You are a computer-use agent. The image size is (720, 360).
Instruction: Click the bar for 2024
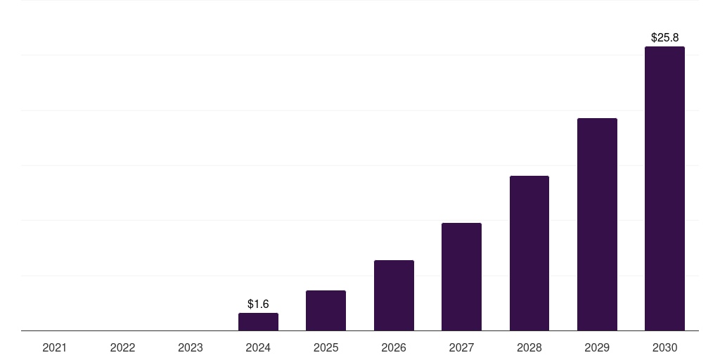tap(258, 322)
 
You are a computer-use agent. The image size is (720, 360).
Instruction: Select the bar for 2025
tap(326, 311)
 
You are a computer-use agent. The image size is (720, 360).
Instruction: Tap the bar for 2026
tap(394, 295)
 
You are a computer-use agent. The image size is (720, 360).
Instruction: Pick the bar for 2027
tap(461, 277)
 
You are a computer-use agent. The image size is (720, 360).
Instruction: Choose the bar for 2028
tap(529, 253)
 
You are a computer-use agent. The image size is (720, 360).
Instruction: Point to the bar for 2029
tap(597, 224)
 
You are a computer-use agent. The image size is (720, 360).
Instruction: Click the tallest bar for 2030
tap(664, 188)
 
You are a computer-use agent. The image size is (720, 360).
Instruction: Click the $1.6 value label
tap(258, 304)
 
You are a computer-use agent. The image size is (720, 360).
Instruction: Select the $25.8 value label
tap(664, 37)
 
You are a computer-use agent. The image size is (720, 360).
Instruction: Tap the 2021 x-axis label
tap(55, 347)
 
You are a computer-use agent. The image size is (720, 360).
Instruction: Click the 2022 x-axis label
tap(122, 347)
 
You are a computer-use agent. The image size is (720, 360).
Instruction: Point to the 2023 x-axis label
tap(191, 347)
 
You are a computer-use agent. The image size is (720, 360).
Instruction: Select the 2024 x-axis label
tap(258, 347)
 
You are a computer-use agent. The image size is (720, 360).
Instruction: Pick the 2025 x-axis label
tap(326, 347)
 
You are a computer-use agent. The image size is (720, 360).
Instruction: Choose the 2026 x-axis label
tap(394, 347)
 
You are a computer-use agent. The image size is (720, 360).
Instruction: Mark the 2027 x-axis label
tap(461, 347)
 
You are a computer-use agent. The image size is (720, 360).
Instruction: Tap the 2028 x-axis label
tap(529, 347)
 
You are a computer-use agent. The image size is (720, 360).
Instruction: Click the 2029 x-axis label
tap(597, 347)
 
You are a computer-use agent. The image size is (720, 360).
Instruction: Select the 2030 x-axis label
tap(664, 347)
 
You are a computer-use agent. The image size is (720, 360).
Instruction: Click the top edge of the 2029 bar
tap(597, 119)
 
